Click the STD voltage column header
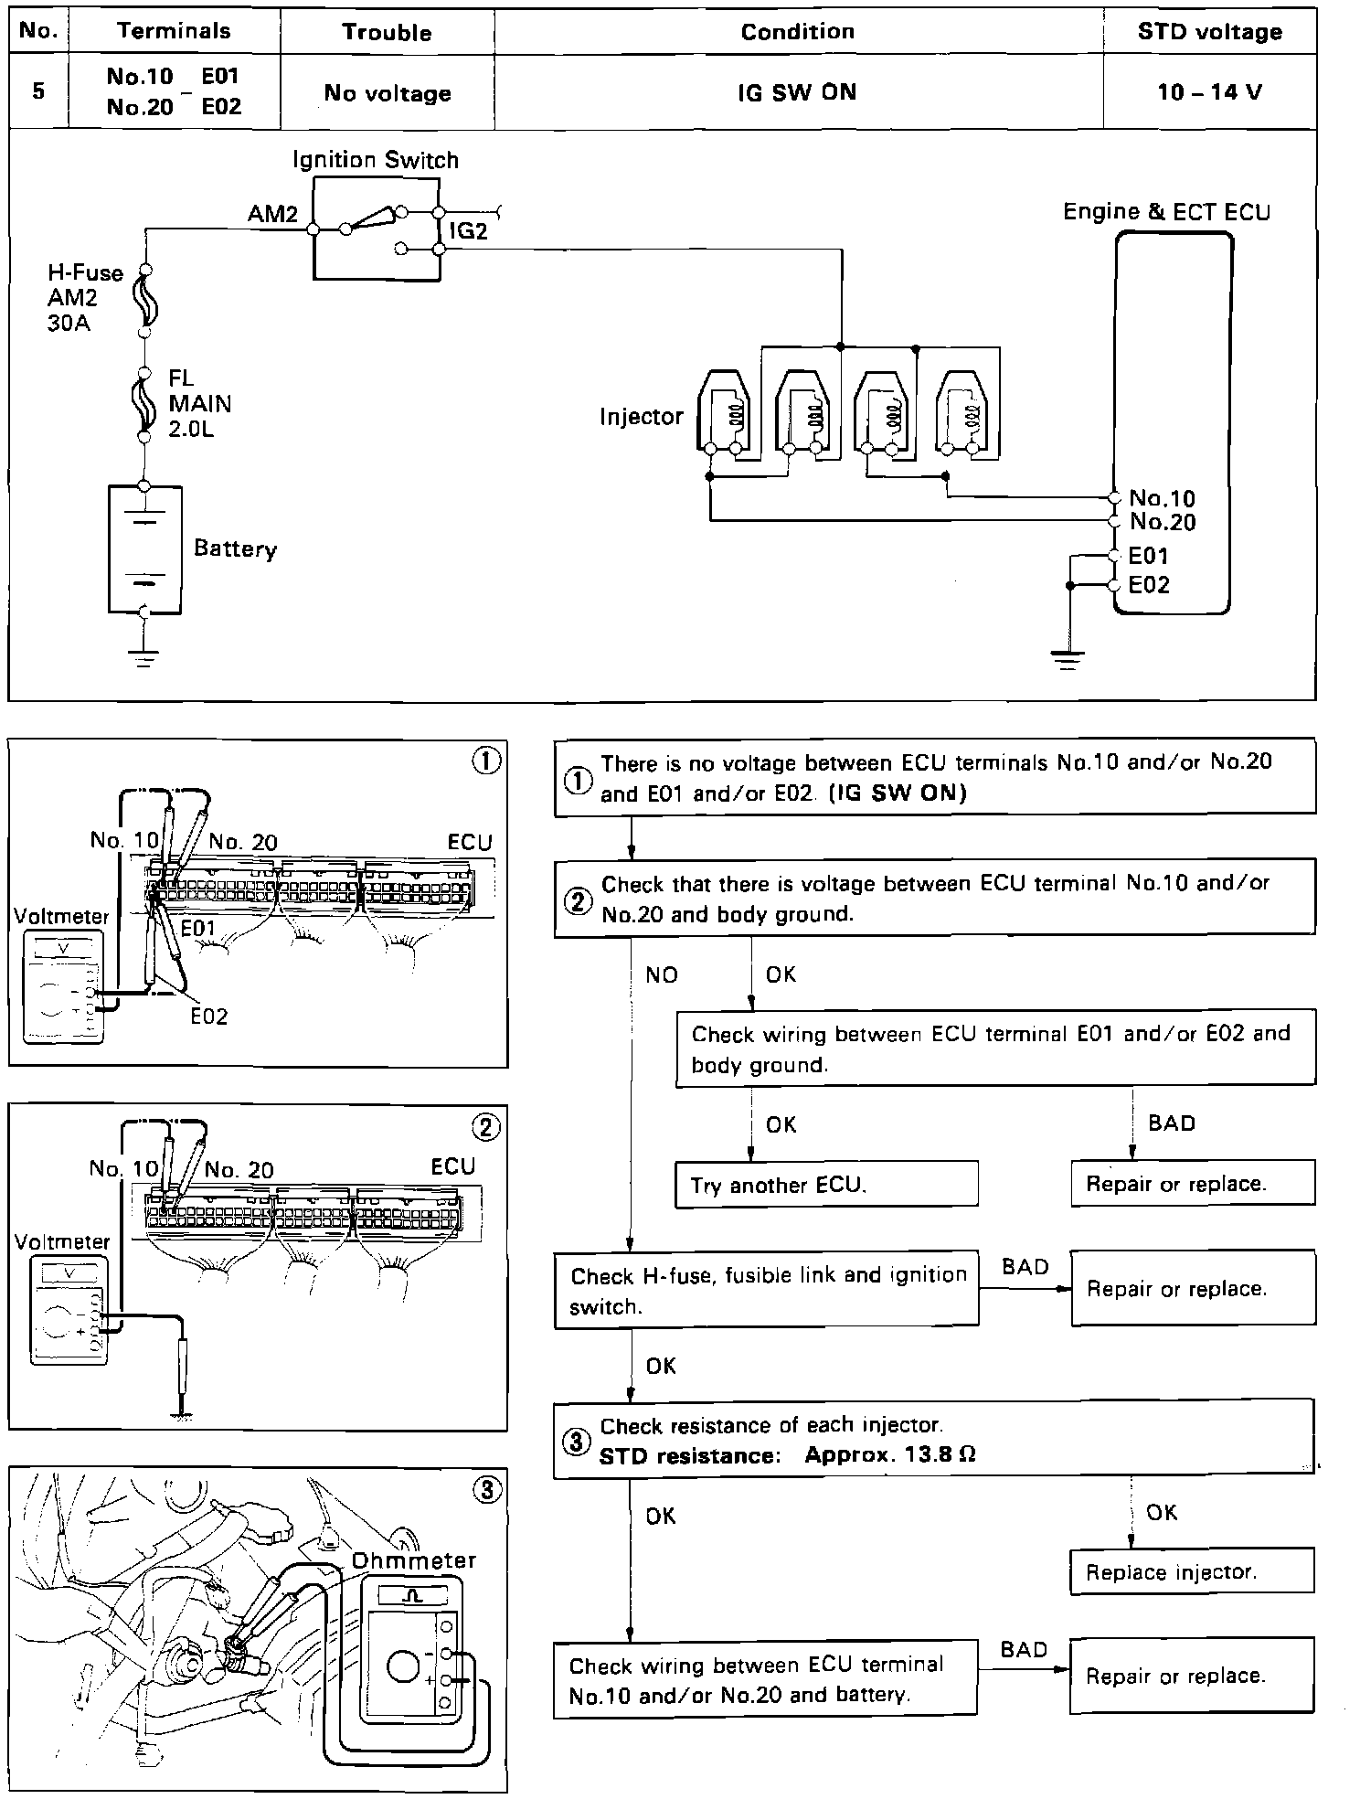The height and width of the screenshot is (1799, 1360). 1209,32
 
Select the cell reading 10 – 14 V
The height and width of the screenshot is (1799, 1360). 1209,91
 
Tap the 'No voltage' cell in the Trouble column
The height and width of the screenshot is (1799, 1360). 388,92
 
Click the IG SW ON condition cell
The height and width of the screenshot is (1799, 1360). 797,91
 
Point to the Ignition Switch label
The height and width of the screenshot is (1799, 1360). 376,160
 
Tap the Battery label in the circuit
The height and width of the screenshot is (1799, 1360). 235,548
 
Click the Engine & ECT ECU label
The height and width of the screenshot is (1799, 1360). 1166,212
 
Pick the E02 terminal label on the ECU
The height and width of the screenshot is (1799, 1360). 1149,585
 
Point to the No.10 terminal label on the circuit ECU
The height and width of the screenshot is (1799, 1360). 1162,498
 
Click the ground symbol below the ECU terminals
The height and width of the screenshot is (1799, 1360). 1068,656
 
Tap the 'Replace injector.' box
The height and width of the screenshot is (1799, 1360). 1192,1571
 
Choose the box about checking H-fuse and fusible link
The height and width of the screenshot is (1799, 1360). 766,1290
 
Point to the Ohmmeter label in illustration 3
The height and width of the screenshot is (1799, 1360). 414,1559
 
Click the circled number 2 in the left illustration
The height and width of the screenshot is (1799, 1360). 485,1127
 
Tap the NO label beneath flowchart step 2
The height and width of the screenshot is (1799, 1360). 662,975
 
